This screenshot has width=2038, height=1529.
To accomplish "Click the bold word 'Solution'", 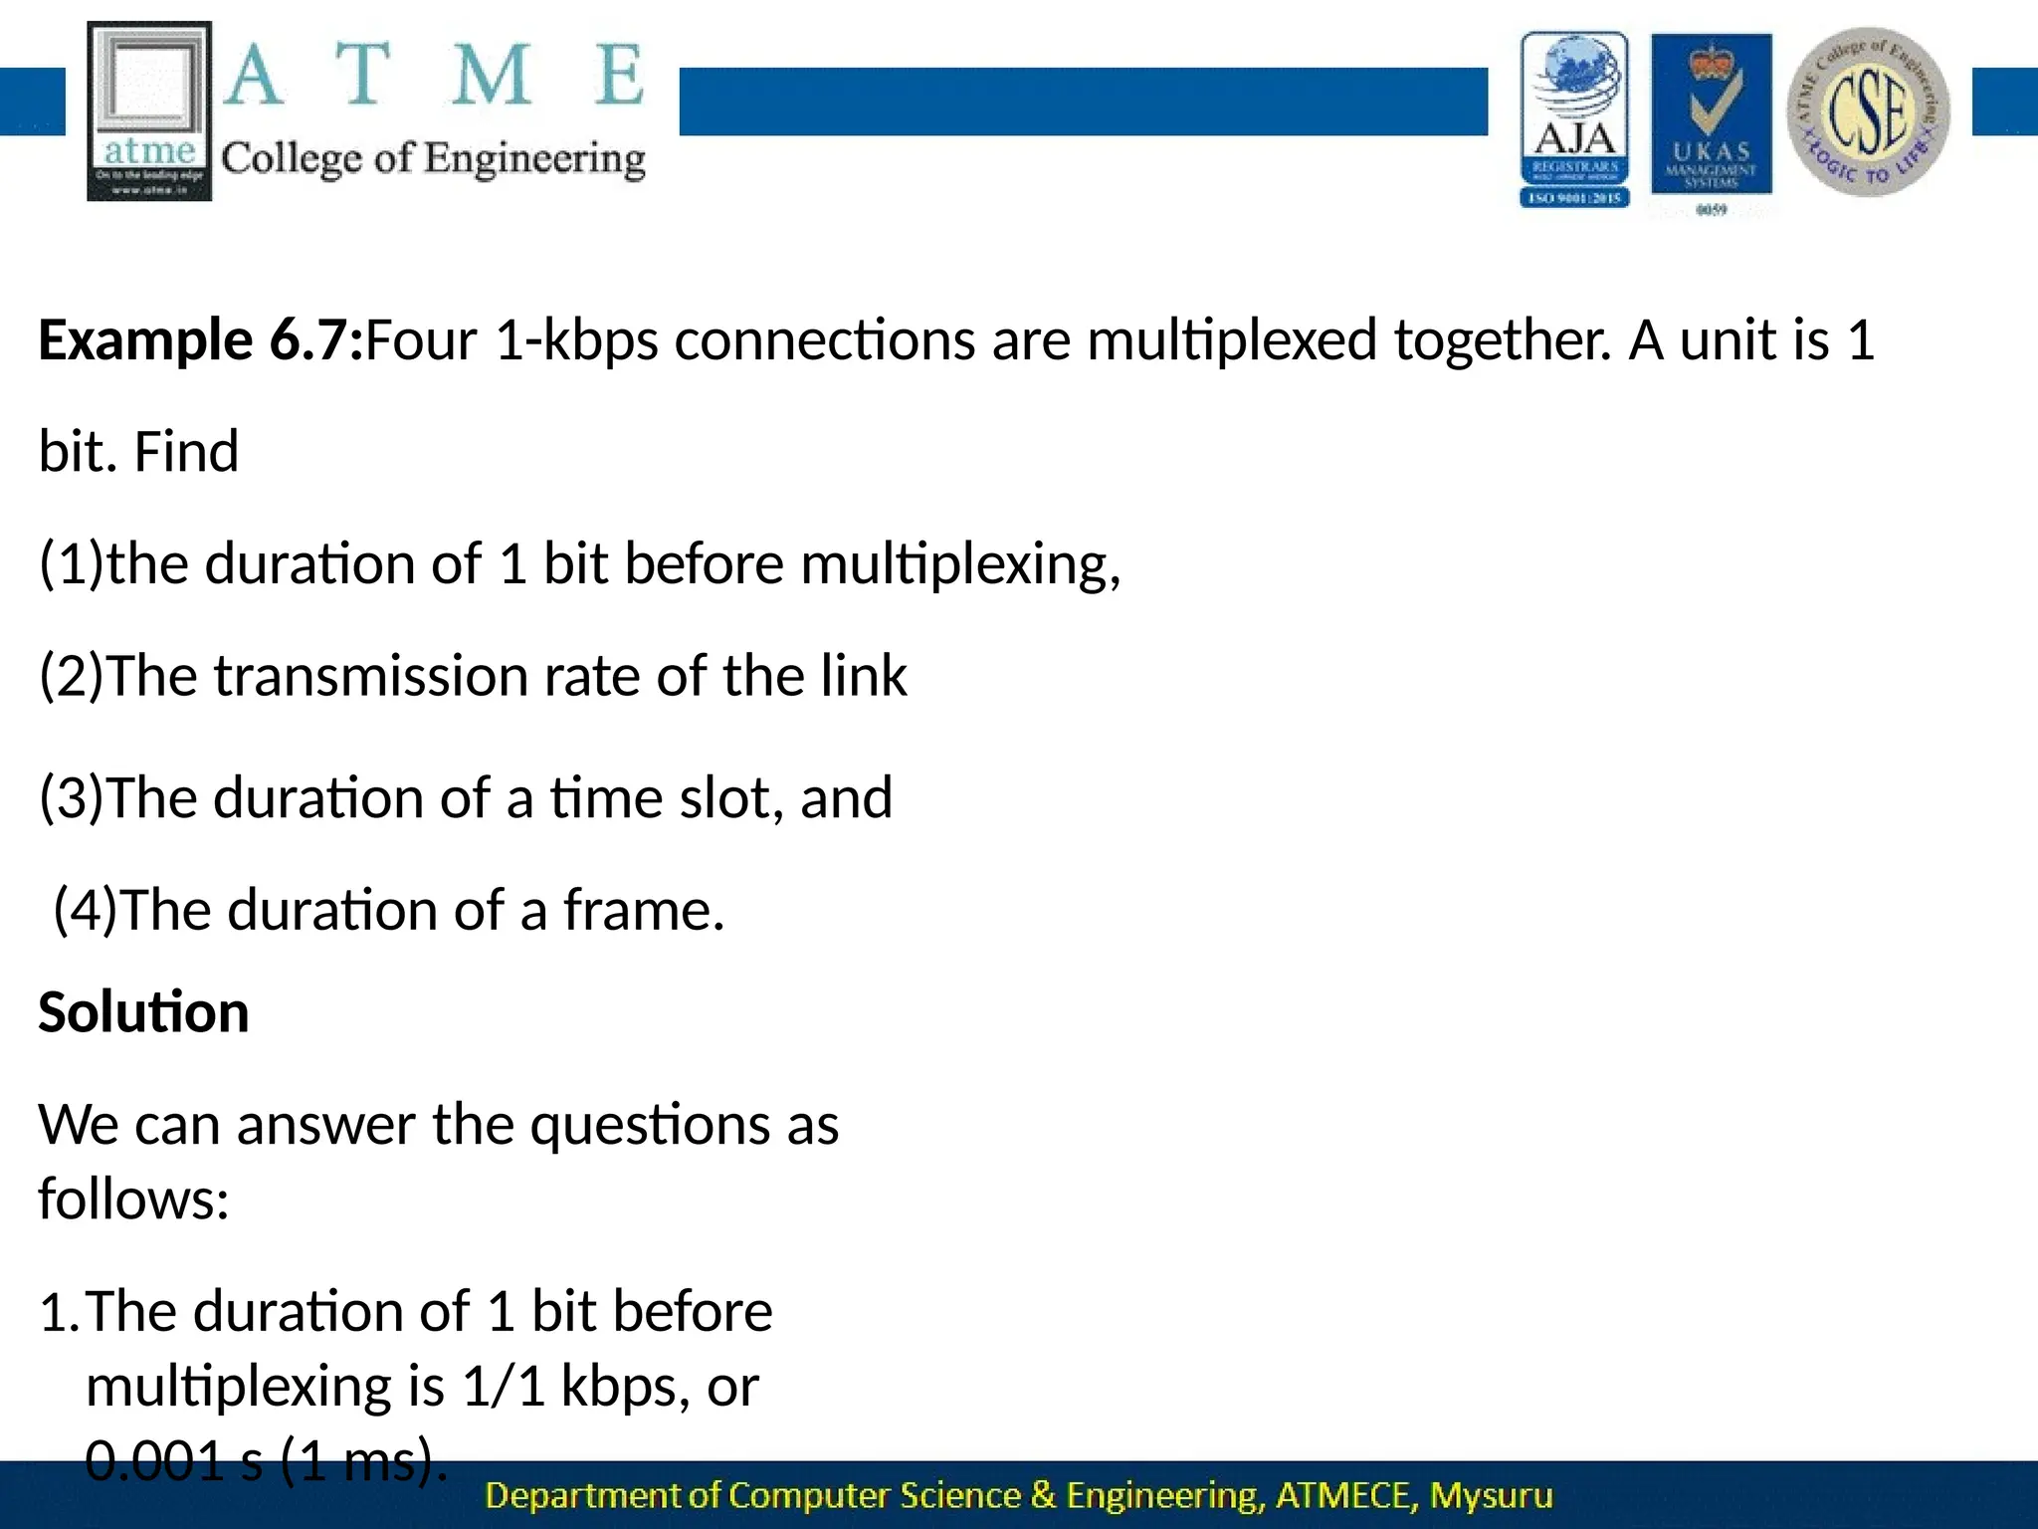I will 143,1012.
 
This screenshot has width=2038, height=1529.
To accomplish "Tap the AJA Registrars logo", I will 1574,119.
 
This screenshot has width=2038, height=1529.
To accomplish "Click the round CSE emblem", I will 1868,111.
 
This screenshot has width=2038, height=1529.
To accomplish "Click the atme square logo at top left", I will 149,111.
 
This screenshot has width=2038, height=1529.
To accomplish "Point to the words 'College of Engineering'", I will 433,158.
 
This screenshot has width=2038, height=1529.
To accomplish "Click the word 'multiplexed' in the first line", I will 1232,340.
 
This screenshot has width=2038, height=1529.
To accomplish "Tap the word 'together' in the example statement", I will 1501,340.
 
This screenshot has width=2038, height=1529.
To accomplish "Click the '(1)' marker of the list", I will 71,564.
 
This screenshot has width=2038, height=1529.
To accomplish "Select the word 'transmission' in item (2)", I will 370,677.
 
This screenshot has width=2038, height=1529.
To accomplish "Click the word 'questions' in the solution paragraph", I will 650,1126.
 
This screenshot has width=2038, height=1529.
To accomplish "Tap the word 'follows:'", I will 133,1200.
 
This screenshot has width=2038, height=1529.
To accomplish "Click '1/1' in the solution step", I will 504,1387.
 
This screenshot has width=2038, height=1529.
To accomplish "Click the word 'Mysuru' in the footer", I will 1491,1495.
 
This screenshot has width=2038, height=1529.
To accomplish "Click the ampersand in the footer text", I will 1043,1495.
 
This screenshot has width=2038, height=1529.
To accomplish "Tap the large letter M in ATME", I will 491,75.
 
